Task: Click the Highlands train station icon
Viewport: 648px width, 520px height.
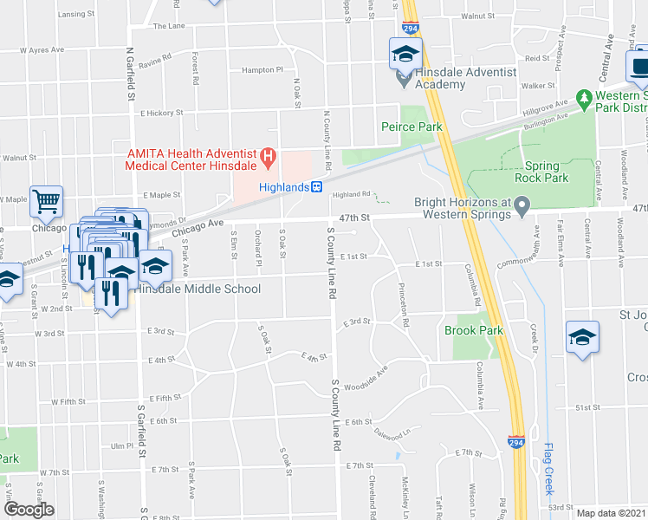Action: pos(317,187)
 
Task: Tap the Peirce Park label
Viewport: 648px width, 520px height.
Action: pos(411,127)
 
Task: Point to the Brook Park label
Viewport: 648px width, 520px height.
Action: pos(473,330)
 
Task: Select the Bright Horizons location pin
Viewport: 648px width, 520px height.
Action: pos(522,207)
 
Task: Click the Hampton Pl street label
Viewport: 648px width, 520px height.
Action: pos(262,69)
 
